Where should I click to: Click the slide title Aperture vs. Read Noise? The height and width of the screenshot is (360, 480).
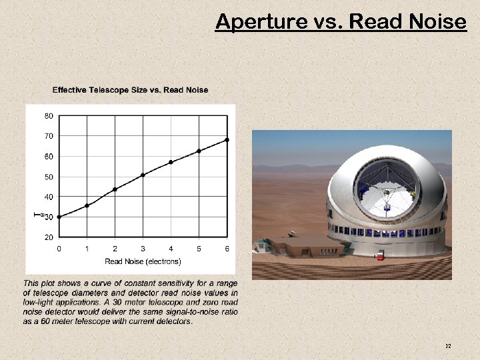tap(341, 22)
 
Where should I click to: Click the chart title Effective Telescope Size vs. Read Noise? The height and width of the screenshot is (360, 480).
tap(130, 90)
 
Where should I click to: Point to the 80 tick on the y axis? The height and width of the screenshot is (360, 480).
tap(49, 115)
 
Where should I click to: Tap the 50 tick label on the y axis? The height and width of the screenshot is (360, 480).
tap(49, 177)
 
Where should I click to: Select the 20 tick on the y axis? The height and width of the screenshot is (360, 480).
tap(49, 237)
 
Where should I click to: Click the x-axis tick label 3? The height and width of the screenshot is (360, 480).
tap(143, 249)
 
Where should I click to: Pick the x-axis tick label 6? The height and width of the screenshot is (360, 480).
tap(227, 249)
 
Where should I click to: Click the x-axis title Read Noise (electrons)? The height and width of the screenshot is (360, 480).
tap(143, 261)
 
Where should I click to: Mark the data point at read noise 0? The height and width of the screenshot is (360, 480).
tap(59, 217)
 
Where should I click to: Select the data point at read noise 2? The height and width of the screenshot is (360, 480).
tap(115, 189)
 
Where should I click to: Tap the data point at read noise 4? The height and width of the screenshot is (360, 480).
tap(171, 162)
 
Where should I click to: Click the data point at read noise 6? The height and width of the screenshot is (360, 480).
tap(227, 139)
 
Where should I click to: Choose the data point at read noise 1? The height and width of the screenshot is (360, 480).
tap(87, 205)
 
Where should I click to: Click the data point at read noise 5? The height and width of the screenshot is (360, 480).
tap(199, 151)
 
